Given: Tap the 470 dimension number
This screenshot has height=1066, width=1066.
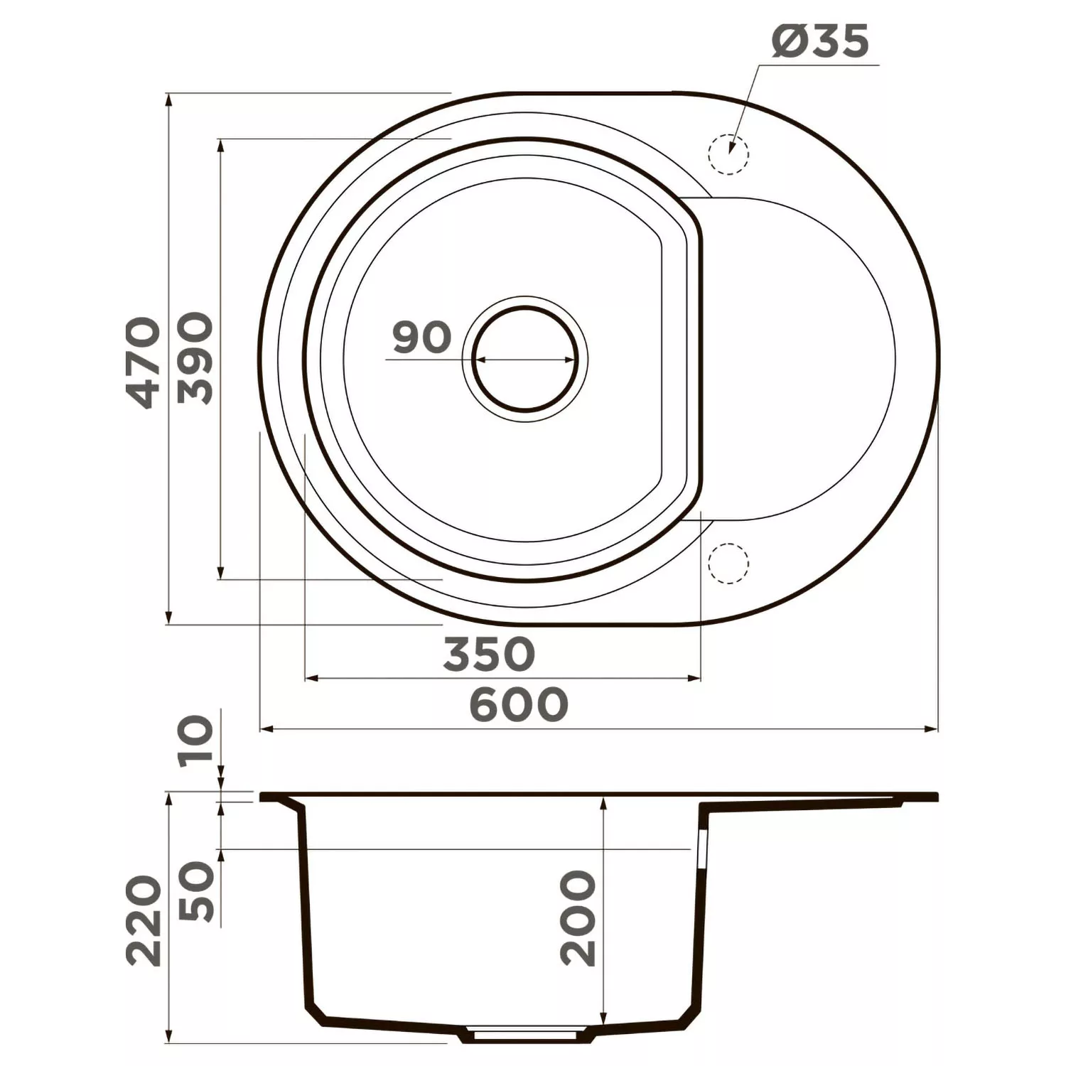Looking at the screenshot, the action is point(140,362).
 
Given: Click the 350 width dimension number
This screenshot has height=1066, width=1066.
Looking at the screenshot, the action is point(488,654).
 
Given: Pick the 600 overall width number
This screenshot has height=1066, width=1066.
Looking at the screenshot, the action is point(519,704).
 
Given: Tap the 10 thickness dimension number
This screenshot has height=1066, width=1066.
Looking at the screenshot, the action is point(196,739).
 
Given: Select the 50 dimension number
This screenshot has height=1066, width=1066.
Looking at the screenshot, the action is point(196,891).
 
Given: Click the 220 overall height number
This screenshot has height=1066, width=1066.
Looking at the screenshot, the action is point(143,920).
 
